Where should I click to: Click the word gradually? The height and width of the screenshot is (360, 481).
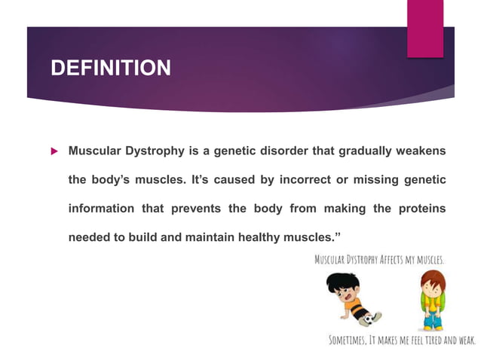(x=361, y=151)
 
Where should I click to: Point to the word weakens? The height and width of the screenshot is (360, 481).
(x=421, y=151)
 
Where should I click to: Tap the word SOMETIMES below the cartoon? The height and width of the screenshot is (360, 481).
(x=351, y=340)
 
